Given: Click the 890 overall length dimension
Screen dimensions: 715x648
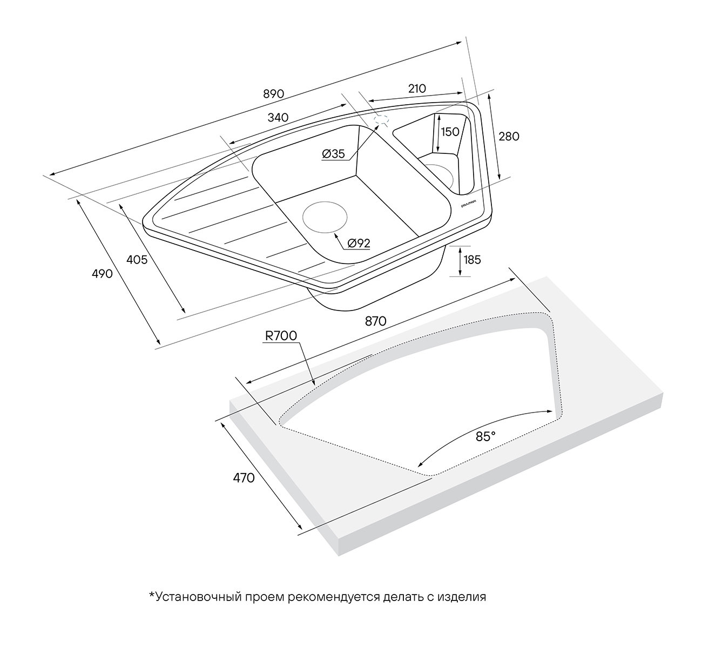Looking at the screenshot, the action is tap(273, 94).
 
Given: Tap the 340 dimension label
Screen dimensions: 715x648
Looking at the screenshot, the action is tap(278, 117).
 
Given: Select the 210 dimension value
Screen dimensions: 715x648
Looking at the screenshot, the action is tap(417, 89).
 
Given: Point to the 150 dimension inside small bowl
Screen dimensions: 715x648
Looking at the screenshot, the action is tap(450, 132).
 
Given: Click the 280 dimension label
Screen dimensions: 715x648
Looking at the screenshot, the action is tap(509, 136).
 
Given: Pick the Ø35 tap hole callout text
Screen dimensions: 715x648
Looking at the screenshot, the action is tap(333, 154).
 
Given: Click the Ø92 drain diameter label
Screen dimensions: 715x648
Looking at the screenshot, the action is tap(359, 243).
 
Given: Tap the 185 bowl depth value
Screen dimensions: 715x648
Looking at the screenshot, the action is tap(473, 260).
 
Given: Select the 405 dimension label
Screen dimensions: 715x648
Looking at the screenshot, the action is tap(137, 260).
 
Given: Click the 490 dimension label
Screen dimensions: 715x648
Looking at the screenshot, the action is tap(102, 274).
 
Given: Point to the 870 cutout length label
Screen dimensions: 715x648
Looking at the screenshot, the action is tap(376, 321).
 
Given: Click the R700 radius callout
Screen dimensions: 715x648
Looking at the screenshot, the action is tap(281, 336).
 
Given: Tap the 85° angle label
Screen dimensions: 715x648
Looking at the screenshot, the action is tap(485, 436).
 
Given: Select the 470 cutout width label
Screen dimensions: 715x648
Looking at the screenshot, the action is tap(244, 478).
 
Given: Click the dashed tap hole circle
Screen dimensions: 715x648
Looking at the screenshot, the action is tap(382, 119).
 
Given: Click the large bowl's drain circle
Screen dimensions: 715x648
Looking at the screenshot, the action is tap(325, 217).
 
